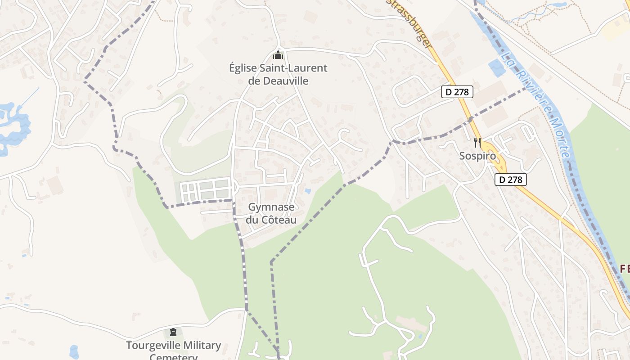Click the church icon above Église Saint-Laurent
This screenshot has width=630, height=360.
coord(278,55)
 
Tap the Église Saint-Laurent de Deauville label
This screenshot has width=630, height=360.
coord(278,75)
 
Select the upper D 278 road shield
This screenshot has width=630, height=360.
coord(457,92)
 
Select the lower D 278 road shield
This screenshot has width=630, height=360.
coord(511,180)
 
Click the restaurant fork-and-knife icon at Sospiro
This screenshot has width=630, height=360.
coord(477,143)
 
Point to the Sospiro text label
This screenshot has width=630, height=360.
coord(477,156)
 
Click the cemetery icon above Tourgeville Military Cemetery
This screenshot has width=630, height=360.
coord(173,332)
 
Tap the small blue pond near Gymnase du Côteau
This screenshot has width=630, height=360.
coord(307,191)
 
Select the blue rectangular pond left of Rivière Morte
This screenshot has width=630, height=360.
coord(497,68)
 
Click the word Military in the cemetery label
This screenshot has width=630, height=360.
coord(198,346)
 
